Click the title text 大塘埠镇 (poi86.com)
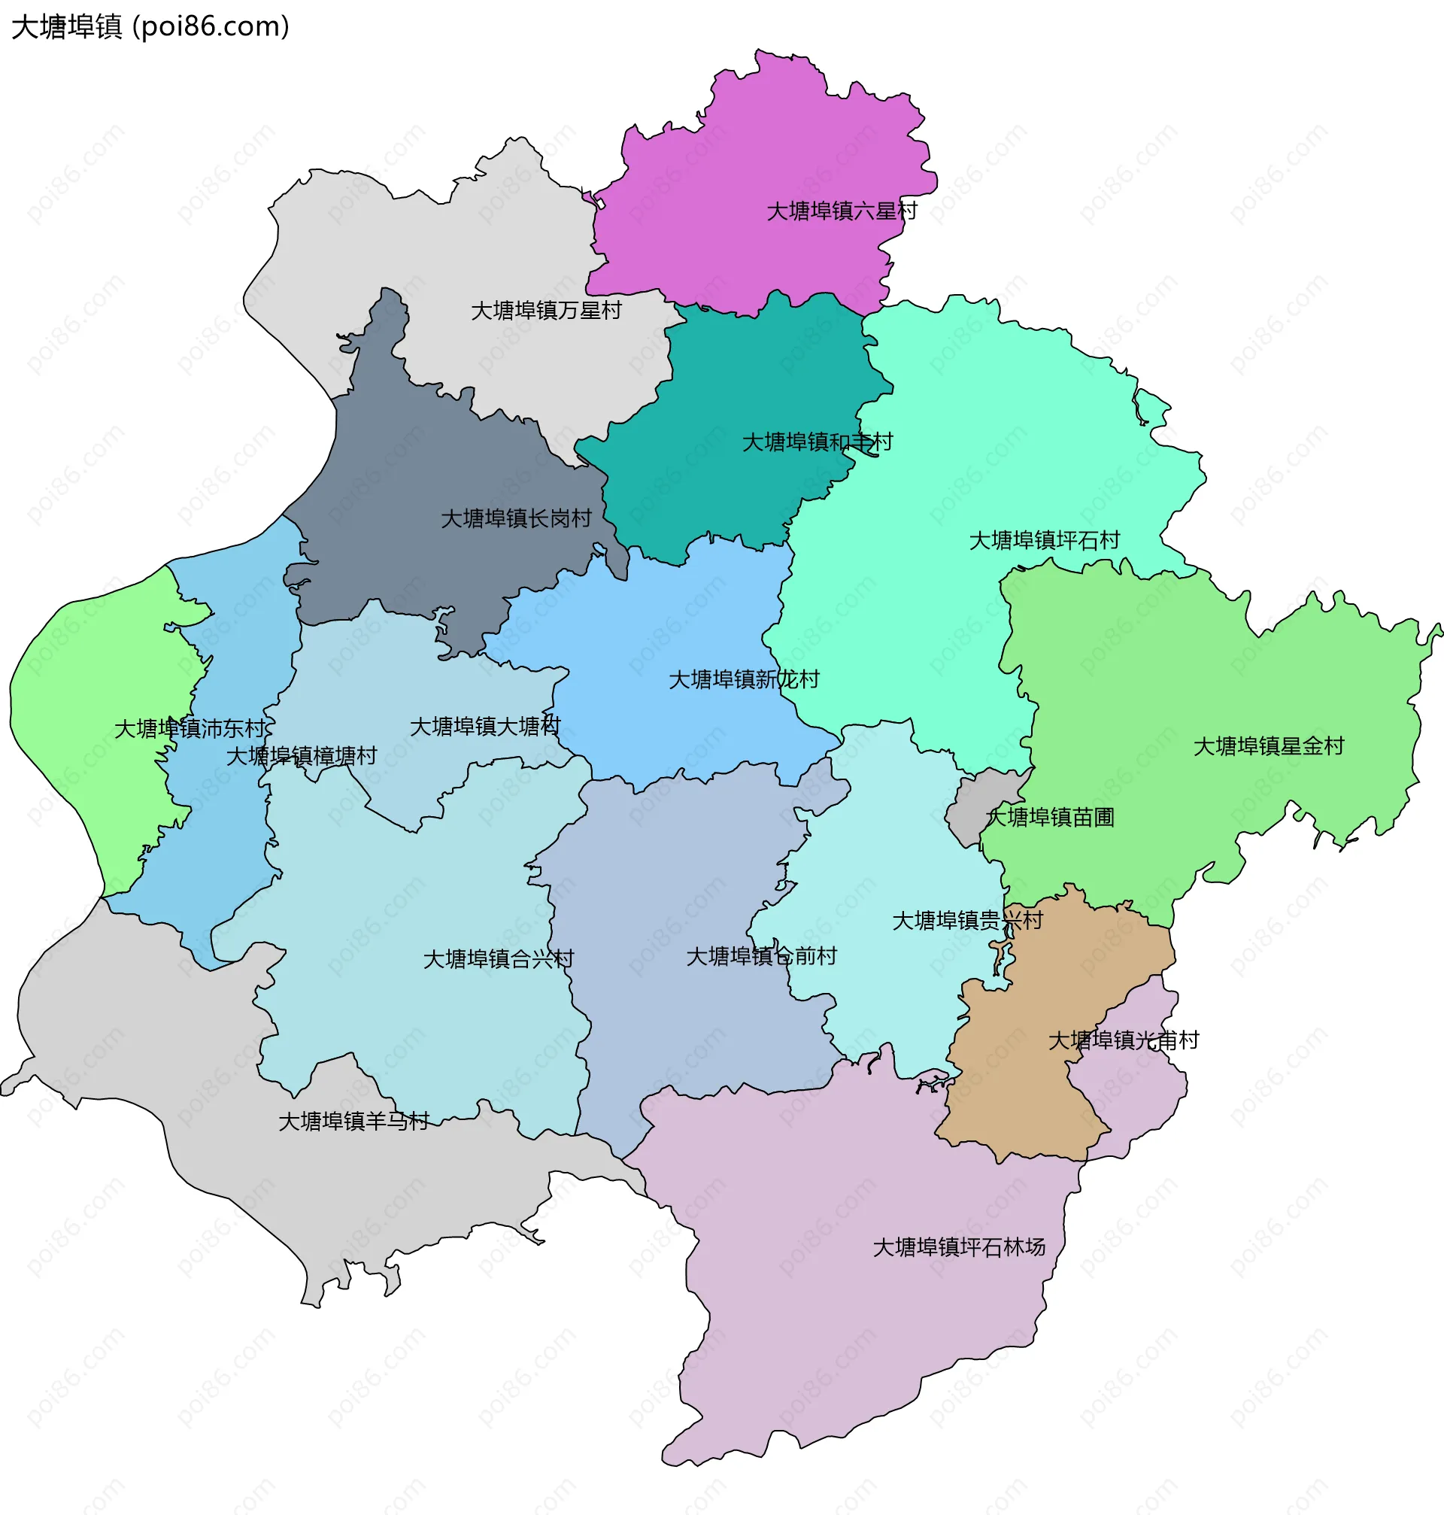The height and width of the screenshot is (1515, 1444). click(151, 27)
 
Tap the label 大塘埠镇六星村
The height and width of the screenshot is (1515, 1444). click(842, 211)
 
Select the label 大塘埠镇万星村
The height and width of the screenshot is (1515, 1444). click(546, 310)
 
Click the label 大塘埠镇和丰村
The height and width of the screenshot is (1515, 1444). click(817, 442)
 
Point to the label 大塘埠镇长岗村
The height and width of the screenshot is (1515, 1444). click(516, 519)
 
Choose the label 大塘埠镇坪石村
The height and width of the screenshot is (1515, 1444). click(1044, 540)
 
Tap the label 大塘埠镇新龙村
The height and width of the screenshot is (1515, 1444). click(744, 680)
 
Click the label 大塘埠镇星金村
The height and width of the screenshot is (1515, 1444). click(1268, 746)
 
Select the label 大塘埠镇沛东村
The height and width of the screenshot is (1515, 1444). click(190, 728)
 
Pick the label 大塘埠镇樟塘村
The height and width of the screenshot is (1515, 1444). click(301, 756)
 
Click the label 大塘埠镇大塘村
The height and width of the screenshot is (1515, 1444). click(485, 727)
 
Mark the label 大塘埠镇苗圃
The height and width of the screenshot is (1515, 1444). click(1050, 818)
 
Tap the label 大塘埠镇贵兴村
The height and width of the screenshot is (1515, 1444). click(966, 921)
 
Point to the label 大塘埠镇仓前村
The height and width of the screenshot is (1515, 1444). click(760, 956)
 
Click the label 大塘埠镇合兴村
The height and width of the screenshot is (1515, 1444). click(498, 959)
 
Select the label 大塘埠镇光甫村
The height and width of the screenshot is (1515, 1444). click(1123, 1041)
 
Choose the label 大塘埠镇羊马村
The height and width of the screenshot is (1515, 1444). click(353, 1122)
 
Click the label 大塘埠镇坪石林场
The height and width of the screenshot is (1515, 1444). click(958, 1247)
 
